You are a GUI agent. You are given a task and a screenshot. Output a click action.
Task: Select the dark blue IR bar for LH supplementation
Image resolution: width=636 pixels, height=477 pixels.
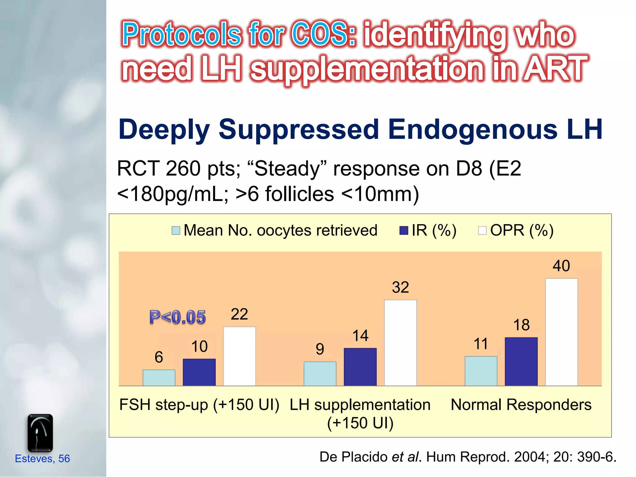(360, 367)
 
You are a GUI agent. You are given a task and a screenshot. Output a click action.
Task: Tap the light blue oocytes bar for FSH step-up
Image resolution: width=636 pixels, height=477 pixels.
(159, 378)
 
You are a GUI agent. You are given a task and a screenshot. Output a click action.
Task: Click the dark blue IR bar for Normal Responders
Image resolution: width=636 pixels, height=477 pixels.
(521, 361)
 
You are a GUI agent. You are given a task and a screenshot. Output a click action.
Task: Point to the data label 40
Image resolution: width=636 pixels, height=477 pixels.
(561, 266)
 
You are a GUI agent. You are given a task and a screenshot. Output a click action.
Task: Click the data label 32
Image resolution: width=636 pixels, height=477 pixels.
(400, 287)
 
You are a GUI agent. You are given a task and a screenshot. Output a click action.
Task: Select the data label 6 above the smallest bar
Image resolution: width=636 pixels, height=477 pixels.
(159, 357)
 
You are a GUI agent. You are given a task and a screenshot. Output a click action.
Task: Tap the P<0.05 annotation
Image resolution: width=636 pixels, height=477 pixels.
(177, 317)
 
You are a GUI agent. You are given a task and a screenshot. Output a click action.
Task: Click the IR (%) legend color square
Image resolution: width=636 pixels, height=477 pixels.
(403, 231)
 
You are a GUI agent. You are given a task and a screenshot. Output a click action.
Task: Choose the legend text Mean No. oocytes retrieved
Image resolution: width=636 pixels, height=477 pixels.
(280, 230)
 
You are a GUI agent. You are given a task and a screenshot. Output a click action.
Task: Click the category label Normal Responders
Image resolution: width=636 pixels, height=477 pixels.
(521, 405)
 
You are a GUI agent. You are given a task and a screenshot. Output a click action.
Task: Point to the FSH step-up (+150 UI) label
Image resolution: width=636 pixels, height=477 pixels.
(199, 405)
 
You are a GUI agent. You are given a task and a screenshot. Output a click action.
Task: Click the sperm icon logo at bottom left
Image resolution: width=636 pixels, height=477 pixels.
(40, 433)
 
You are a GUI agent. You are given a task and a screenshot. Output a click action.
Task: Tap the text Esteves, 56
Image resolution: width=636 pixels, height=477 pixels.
(42, 458)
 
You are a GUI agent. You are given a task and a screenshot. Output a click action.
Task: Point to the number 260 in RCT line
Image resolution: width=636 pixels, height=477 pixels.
(183, 169)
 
